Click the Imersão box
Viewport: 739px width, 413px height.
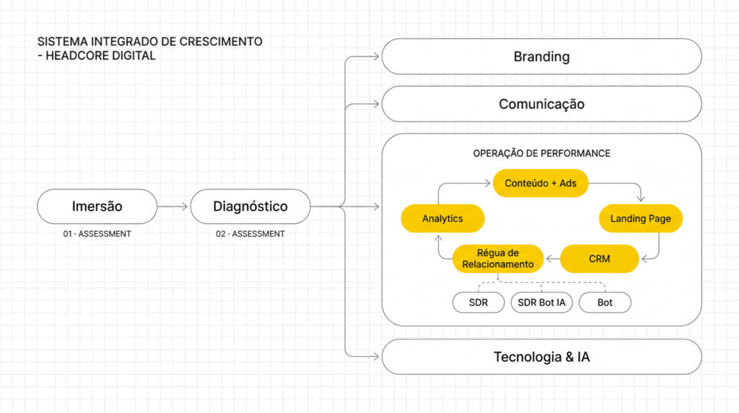pyautogui.click(x=97, y=206)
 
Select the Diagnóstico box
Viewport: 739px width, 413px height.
pyautogui.click(x=250, y=206)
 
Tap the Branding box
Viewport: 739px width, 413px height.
pyautogui.click(x=541, y=56)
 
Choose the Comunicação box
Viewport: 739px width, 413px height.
pyautogui.click(x=541, y=104)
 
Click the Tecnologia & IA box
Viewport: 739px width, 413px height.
pyautogui.click(x=541, y=357)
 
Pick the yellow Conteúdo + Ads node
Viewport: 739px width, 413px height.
pyautogui.click(x=541, y=183)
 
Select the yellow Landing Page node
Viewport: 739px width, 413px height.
pyautogui.click(x=641, y=218)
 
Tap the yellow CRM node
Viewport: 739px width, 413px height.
pyautogui.click(x=599, y=258)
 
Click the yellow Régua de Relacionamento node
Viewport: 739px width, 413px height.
pyautogui.click(x=498, y=258)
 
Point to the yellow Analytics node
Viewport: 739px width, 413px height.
pyautogui.click(x=442, y=218)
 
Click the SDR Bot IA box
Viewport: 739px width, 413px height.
pyautogui.click(x=541, y=303)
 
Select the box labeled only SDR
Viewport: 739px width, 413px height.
pyautogui.click(x=478, y=303)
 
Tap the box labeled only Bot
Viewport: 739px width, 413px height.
pyautogui.click(x=605, y=303)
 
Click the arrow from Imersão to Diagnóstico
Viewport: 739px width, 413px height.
pyautogui.click(x=173, y=206)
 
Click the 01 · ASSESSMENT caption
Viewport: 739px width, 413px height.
pyautogui.click(x=97, y=234)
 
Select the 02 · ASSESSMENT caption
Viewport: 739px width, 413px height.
pyautogui.click(x=250, y=234)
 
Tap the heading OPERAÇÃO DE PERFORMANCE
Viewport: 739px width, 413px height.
pyautogui.click(x=541, y=154)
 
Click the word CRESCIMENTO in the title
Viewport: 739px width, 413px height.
pyautogui.click(x=222, y=42)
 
